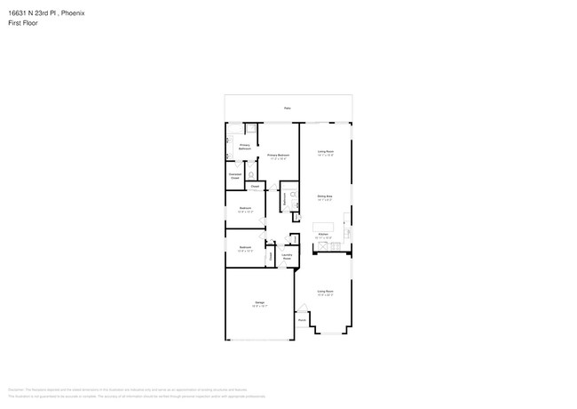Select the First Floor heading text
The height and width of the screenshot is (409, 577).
tap(24, 23)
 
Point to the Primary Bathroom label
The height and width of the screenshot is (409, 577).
tap(244, 146)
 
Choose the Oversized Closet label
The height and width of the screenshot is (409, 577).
tap(235, 177)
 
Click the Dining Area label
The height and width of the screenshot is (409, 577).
tap(325, 196)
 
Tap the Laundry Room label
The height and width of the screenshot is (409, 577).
tap(287, 258)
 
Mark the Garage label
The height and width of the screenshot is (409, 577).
tap(260, 304)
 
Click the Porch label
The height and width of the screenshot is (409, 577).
tap(302, 320)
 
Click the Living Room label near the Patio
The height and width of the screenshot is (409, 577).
tap(325, 152)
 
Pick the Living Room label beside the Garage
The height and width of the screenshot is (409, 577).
tap(326, 292)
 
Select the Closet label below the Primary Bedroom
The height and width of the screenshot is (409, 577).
tap(255, 187)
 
